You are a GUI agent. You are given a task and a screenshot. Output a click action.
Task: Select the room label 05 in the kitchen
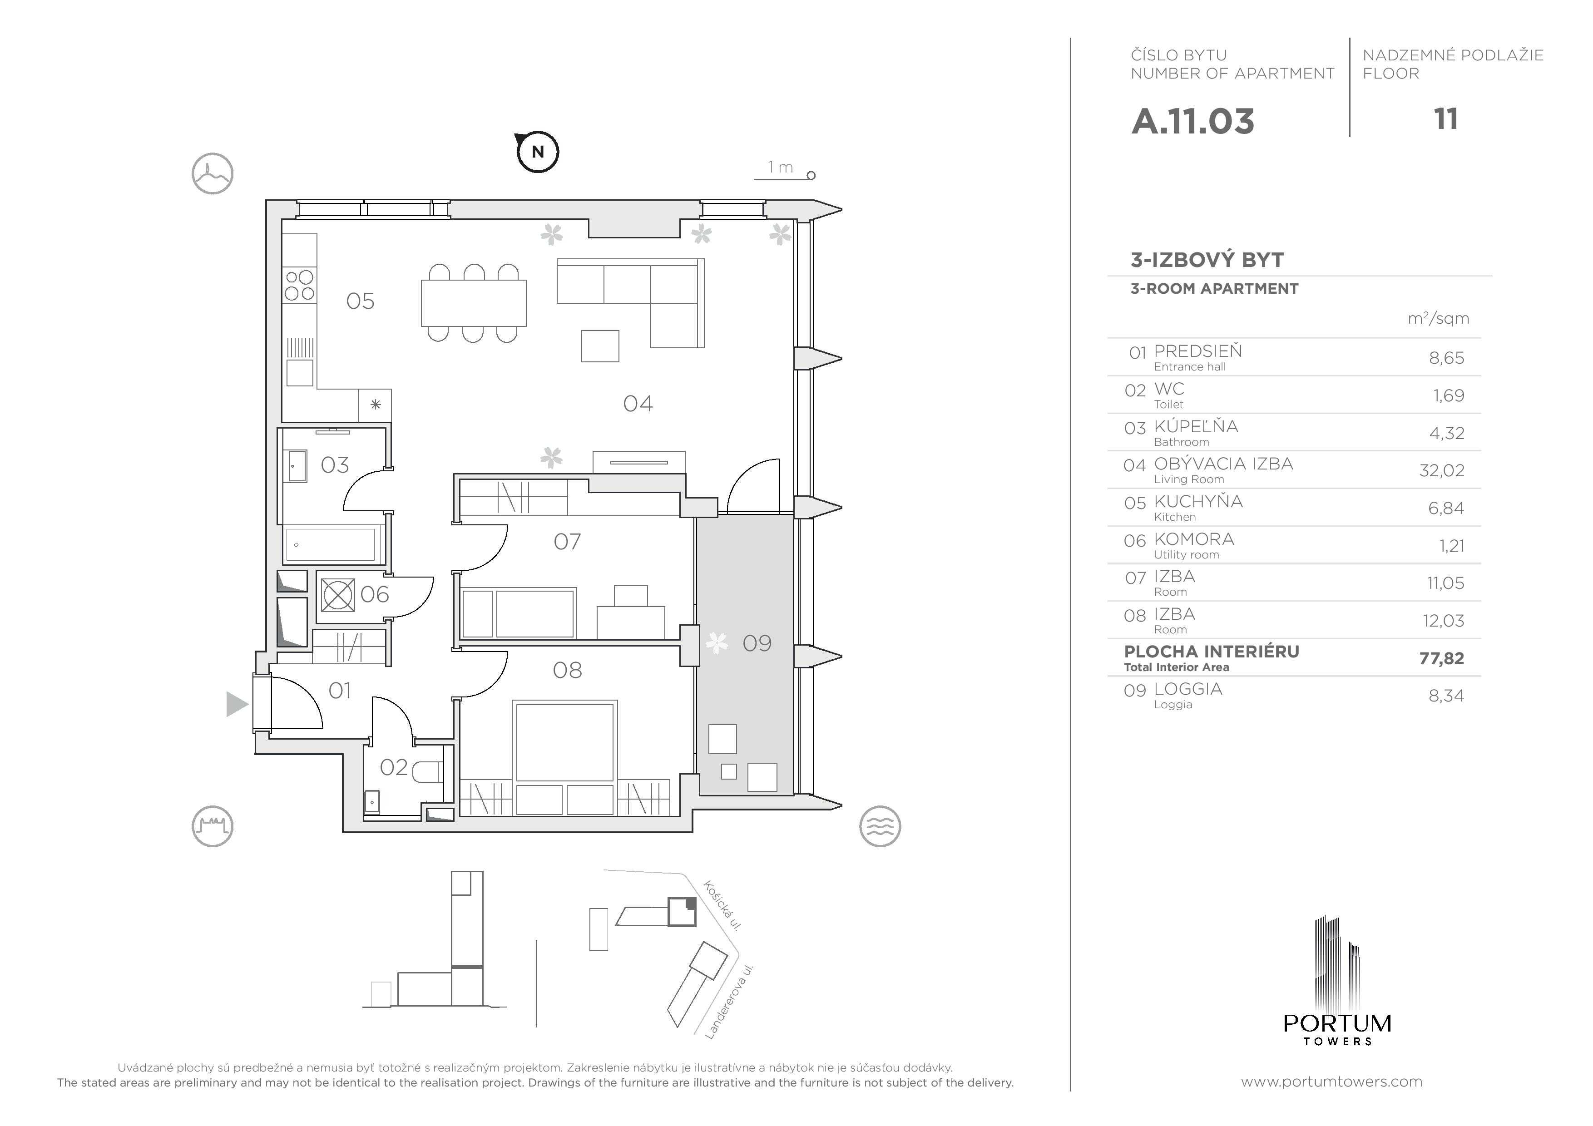360,301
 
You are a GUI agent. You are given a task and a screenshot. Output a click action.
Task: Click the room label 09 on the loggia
757,643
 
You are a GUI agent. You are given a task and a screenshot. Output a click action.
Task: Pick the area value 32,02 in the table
1442,470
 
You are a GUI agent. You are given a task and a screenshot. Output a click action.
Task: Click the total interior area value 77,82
1442,658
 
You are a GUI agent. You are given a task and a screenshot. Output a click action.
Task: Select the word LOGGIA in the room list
1188,689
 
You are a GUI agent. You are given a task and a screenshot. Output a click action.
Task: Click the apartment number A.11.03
1192,121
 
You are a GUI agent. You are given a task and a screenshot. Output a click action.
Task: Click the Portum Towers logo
1337,980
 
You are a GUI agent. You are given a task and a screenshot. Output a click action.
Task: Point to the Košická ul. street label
722,905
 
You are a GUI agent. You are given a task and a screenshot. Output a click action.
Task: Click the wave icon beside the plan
880,826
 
